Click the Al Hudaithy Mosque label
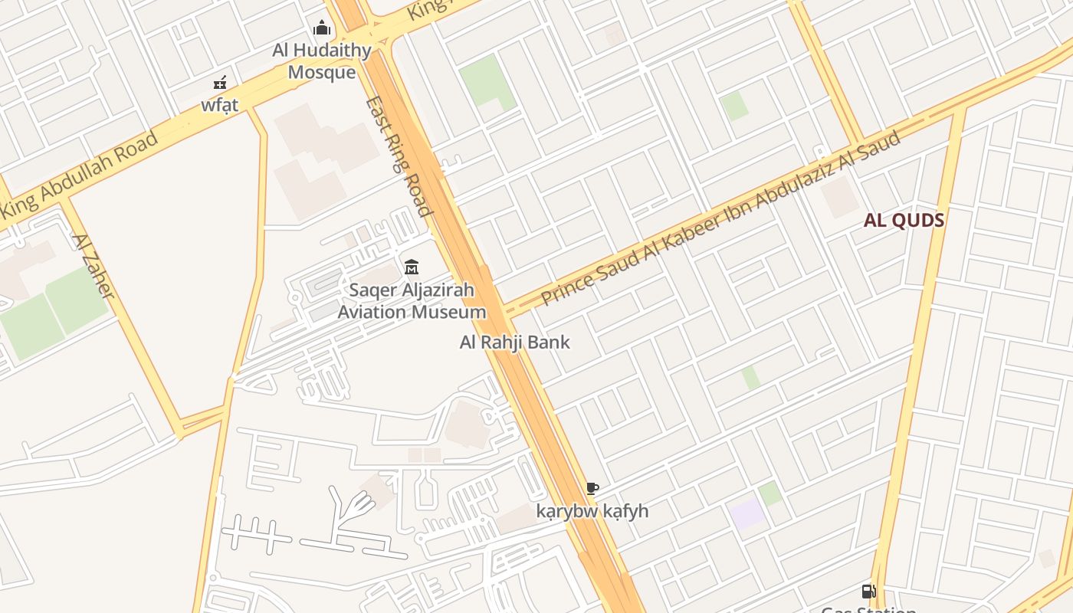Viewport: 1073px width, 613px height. tap(322, 61)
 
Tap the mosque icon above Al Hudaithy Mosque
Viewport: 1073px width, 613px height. tap(322, 29)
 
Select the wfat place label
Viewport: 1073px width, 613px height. tap(220, 105)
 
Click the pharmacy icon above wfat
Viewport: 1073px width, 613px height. tap(220, 82)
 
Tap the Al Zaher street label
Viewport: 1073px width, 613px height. tap(93, 265)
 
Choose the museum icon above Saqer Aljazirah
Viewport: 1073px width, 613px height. tap(412, 267)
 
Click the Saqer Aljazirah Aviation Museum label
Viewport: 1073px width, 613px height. tap(412, 301)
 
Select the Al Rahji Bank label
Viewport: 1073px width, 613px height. tap(514, 342)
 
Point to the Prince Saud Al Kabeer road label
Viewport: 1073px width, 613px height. tap(720, 218)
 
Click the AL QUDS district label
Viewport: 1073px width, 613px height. tap(904, 221)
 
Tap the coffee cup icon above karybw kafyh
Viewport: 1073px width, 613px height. tap(592, 488)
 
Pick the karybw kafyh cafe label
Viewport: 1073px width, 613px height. tap(592, 511)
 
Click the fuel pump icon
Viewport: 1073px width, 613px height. tap(868, 591)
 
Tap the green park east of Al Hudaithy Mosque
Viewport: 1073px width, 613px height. tap(485, 80)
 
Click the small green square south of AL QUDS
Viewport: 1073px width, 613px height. tap(751, 377)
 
